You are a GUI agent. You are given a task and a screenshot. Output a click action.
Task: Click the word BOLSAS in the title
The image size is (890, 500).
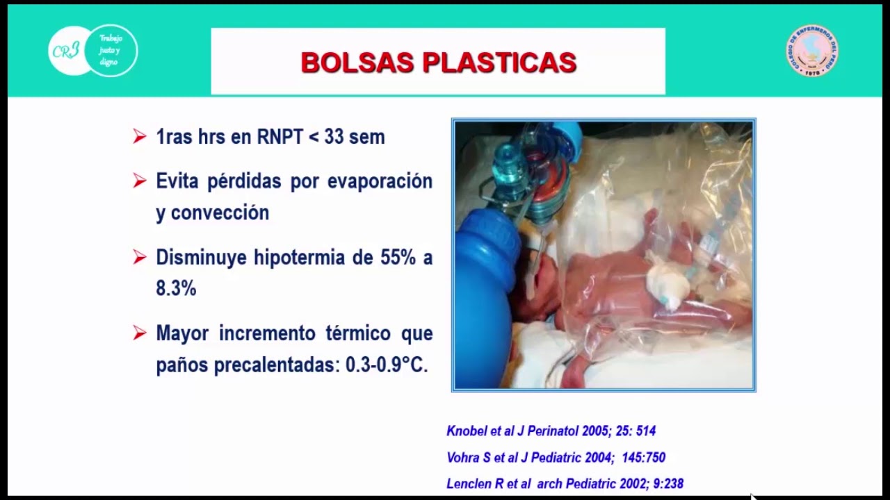(x=357, y=62)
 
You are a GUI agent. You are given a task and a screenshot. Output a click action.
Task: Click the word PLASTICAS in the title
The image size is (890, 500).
(x=499, y=62)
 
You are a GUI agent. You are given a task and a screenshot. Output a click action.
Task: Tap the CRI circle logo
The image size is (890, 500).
(x=68, y=50)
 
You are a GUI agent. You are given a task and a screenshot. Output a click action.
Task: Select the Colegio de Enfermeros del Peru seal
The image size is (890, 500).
(x=811, y=51)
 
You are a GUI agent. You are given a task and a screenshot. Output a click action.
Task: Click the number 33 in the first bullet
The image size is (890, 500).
(x=334, y=137)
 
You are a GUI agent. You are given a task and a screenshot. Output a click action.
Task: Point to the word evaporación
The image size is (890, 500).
(x=380, y=181)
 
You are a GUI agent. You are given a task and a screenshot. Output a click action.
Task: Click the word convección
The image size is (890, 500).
(x=220, y=212)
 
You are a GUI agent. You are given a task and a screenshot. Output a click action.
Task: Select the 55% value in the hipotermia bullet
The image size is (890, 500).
(x=398, y=258)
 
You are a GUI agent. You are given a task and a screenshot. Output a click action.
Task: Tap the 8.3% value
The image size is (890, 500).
(x=176, y=288)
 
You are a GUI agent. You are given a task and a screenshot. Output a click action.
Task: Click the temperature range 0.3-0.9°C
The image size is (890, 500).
(x=386, y=365)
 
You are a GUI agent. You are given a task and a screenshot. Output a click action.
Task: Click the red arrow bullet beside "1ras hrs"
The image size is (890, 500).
(x=140, y=137)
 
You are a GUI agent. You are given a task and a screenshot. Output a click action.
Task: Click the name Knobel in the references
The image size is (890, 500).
(x=467, y=431)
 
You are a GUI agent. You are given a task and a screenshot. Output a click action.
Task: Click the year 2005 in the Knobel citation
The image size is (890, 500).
(x=595, y=431)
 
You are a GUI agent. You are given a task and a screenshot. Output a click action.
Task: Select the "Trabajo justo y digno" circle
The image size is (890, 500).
(x=111, y=50)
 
